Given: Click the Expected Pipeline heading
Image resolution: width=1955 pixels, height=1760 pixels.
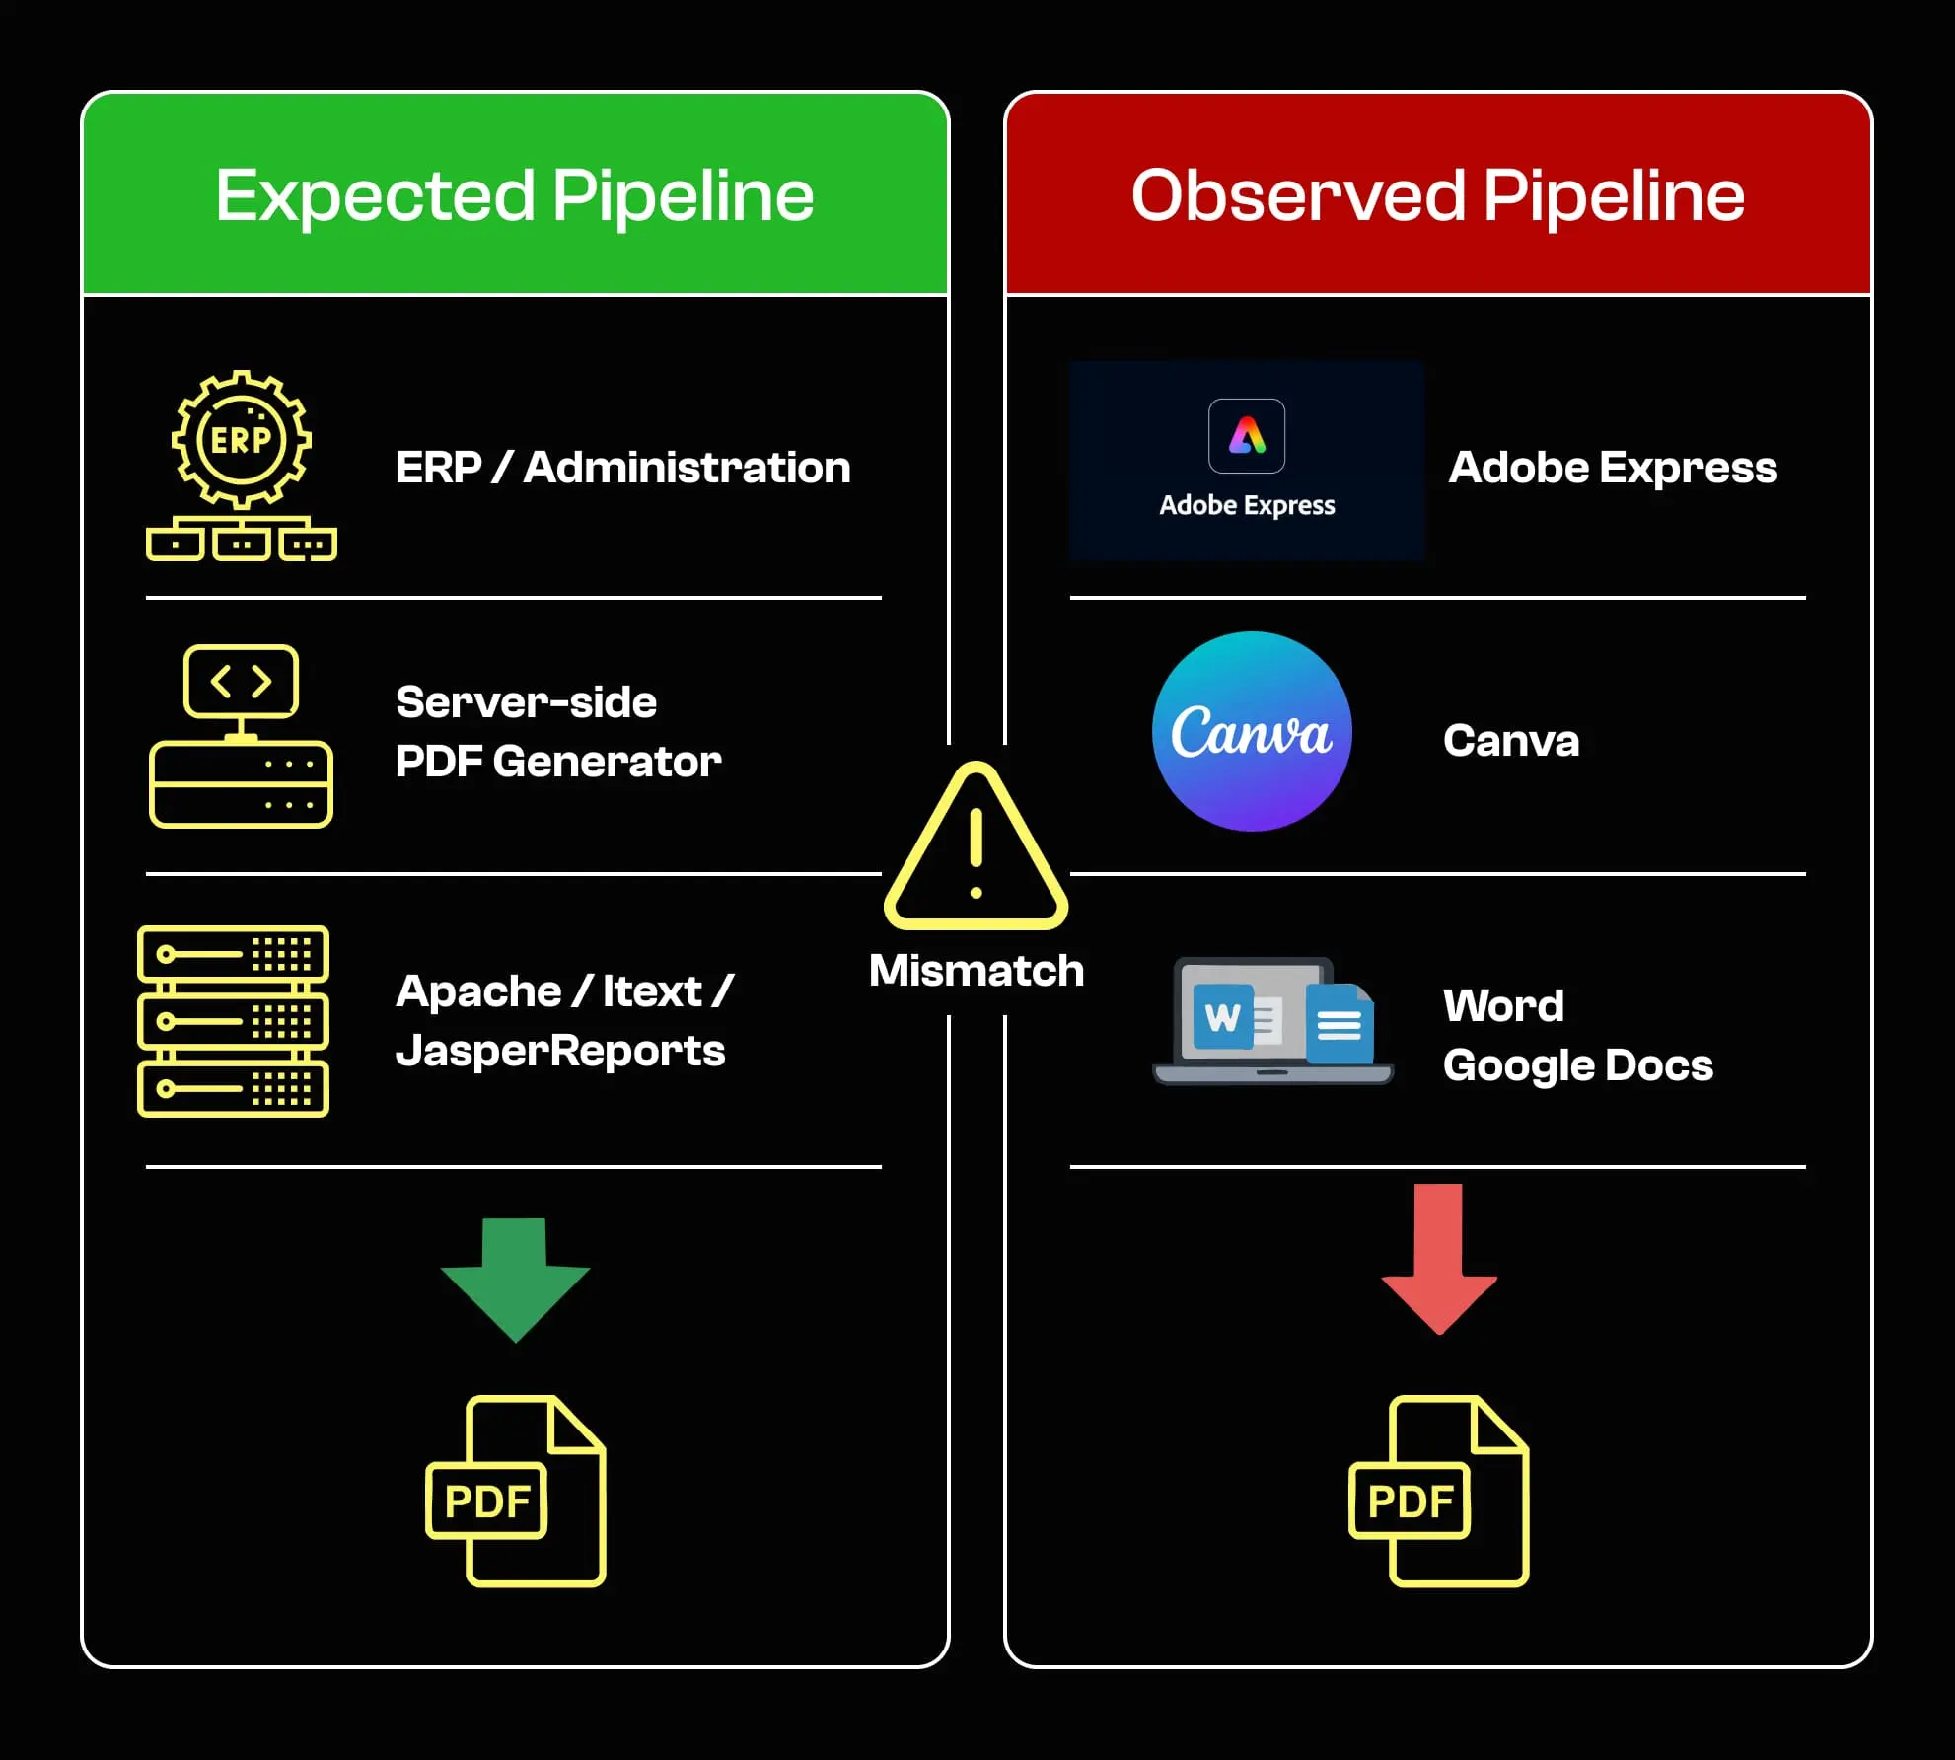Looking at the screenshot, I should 514,195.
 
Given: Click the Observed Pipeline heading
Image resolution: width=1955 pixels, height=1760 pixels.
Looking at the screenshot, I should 1437,195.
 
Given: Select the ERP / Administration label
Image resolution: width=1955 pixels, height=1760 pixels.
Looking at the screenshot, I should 622,468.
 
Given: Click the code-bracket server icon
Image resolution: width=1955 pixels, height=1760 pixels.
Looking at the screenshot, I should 242,736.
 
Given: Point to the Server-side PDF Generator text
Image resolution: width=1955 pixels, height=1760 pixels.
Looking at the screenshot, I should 558,732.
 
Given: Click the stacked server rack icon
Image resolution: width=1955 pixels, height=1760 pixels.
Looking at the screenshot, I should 234,1021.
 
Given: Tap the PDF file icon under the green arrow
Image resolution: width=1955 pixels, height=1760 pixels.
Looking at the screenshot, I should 516,1491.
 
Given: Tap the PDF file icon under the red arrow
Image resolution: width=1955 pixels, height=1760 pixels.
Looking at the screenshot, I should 1439,1491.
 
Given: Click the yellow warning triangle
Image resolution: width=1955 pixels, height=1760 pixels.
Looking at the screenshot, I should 976,848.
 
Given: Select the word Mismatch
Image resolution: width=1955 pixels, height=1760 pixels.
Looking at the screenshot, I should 976,971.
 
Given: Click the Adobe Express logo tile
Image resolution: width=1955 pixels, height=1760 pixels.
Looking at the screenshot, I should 1247,461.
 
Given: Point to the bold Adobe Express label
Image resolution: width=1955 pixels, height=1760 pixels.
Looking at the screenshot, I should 1613,468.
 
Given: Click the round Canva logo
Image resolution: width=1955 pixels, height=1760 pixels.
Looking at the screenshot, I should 1252,731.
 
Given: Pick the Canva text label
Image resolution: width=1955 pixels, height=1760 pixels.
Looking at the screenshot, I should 1511,741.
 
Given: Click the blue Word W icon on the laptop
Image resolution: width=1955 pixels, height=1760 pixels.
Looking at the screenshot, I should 1223,1016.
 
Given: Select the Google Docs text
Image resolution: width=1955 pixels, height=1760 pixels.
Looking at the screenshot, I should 1577,1065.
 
